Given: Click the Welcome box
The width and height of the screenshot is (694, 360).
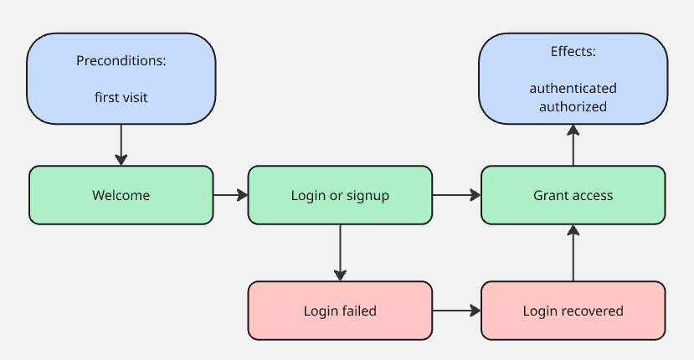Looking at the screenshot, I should click(121, 195).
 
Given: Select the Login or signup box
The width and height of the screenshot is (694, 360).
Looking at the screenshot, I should click(340, 195).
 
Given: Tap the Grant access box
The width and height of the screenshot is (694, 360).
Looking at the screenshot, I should click(573, 195).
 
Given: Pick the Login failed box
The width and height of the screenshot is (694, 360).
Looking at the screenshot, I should click(340, 311).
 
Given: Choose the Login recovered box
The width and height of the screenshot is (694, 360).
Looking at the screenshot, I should click(573, 311).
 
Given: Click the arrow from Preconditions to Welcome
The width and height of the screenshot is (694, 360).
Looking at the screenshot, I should click(121, 144).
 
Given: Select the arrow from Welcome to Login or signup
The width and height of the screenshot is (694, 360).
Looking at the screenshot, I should click(230, 195).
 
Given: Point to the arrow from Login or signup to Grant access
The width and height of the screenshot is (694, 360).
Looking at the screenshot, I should click(456, 195).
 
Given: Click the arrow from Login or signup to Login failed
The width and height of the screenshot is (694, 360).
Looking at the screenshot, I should click(340, 252).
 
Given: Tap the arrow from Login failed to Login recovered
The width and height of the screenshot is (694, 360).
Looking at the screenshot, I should click(456, 311).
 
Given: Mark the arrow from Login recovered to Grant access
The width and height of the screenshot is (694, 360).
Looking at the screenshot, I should click(573, 252).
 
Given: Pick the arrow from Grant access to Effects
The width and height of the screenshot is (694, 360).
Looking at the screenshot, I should click(573, 144).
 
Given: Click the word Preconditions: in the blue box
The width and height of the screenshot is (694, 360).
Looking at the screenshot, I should click(121, 60).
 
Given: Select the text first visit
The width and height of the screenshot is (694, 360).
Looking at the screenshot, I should click(121, 97).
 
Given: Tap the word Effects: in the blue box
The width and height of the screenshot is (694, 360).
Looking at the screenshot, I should click(573, 51).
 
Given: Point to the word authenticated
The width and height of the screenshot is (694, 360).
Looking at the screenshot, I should click(573, 88).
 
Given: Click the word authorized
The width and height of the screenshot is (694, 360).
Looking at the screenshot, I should click(573, 106).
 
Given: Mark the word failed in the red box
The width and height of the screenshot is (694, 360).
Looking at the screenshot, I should click(359, 311).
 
